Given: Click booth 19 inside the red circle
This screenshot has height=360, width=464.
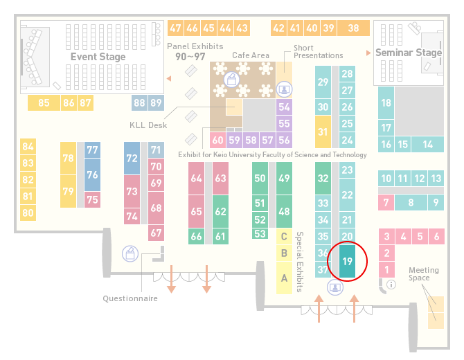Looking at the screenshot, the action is coord(347,261).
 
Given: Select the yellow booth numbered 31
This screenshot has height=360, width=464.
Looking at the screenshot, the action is coord(323,132).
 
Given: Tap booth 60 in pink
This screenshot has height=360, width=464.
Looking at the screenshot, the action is coord(217,140).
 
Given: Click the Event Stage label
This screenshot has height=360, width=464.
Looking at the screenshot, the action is coord(98,57).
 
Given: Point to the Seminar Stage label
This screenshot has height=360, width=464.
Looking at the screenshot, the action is coord(409,53).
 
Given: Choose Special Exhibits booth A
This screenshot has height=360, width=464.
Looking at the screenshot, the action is coord(284,278).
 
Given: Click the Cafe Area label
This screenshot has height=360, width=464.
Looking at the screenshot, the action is coord(251,55).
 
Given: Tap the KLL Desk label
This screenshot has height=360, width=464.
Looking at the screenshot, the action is coord(148,125).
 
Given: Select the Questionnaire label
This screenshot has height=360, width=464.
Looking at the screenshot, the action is coord(130,298).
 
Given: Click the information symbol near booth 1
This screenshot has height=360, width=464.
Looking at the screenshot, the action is coord(391,285).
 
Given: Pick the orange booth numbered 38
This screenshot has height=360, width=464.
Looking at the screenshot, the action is coord(354,28).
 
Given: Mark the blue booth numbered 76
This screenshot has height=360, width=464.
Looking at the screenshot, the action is coord(92,174).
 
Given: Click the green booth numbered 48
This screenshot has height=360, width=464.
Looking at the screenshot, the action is coord(284,211).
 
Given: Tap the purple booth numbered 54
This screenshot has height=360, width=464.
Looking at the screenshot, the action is coord(284,107).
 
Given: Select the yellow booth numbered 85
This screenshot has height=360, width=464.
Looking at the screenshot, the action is coord(44,102).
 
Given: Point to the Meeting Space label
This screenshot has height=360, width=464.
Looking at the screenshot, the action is coord(424,274).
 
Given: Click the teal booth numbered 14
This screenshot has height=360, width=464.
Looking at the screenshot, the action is coord(427,145).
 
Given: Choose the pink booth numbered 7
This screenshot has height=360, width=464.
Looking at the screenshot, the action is coord(386,202).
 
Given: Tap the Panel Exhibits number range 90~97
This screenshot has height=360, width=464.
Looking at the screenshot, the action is coord(190,57).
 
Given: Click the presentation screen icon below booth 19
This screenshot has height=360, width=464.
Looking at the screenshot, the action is coord(335,287).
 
